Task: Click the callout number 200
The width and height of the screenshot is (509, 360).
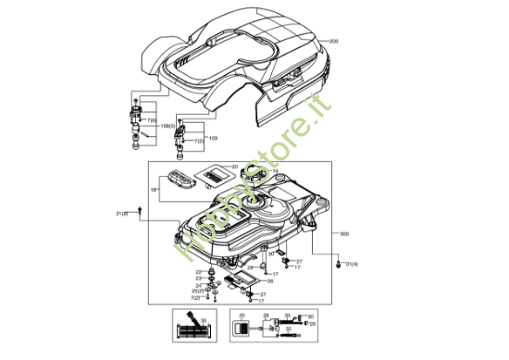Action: pyautogui.click(x=334, y=43)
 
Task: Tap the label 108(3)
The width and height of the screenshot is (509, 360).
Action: pyautogui.click(x=168, y=125)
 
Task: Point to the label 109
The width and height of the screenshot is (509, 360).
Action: pyautogui.click(x=213, y=138)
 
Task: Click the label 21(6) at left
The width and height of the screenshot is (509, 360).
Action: pyautogui.click(x=121, y=214)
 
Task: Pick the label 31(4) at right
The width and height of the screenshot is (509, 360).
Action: pyautogui.click(x=351, y=266)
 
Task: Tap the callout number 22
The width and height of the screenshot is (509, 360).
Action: pyautogui.click(x=198, y=271)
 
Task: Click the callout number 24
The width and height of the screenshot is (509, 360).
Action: pyautogui.click(x=198, y=285)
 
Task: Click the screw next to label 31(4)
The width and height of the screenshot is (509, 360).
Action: pyautogui.click(x=337, y=265)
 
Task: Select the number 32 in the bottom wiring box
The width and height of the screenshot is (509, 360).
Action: pyautogui.click(x=286, y=325)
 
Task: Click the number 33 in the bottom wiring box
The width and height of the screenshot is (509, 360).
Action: pyautogui.click(x=287, y=316)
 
